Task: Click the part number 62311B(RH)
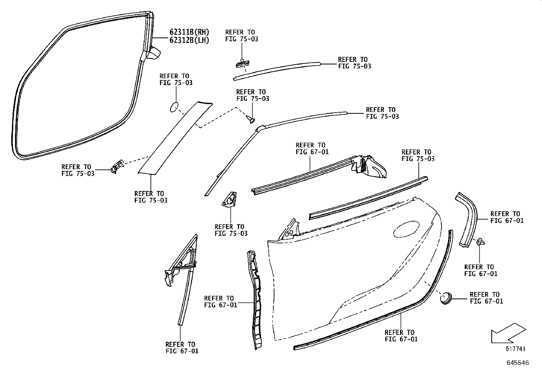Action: (x=189, y=32)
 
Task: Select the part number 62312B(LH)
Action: (x=189, y=40)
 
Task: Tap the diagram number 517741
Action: (x=515, y=348)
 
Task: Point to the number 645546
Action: (x=518, y=363)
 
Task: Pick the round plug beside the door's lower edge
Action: (x=446, y=298)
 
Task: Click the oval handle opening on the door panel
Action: (x=406, y=229)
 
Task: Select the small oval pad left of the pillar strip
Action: (x=174, y=107)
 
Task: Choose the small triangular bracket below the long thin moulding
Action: (x=229, y=199)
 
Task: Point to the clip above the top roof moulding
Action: (x=243, y=63)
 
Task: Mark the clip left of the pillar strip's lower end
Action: (x=117, y=166)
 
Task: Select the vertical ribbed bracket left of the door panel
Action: (x=255, y=300)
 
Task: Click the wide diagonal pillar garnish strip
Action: (x=175, y=138)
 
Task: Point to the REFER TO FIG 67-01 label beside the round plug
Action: (x=487, y=298)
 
